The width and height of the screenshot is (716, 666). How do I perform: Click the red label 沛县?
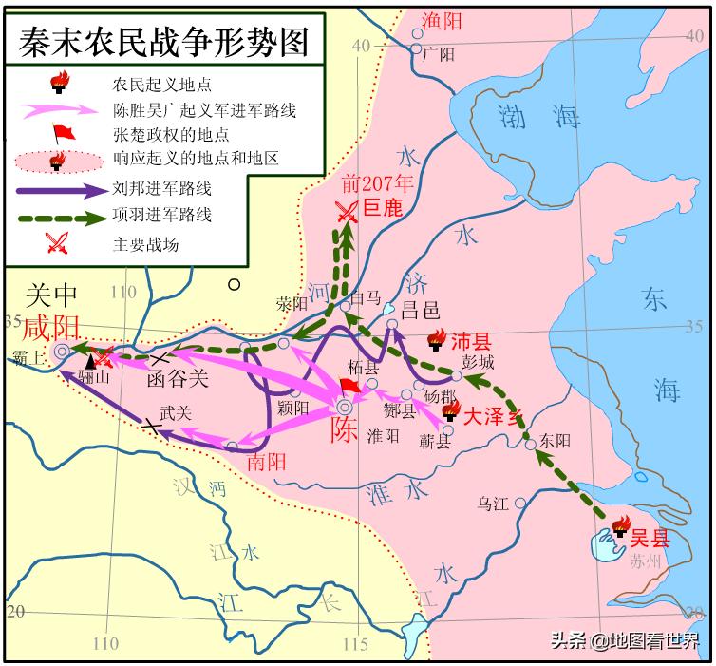[471, 340]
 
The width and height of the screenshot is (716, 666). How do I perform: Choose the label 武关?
[174, 413]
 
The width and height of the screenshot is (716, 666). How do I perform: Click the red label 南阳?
[266, 465]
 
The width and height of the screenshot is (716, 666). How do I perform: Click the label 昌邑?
[421, 308]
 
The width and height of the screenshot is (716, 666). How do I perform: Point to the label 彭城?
[480, 363]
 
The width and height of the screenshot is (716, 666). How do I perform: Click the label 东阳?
[556, 442]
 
